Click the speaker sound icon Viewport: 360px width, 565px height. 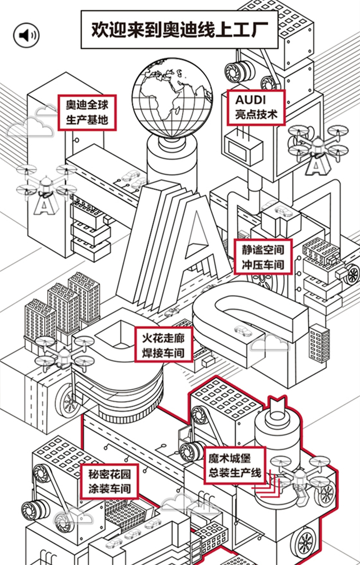coord(26,35)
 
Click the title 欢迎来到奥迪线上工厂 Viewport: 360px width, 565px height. coord(179,30)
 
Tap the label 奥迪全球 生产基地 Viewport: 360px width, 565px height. coord(87,112)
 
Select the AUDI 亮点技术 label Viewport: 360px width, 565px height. coord(256,107)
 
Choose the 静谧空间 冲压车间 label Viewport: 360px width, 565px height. coord(263,256)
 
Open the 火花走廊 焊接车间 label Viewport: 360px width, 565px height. coord(163,346)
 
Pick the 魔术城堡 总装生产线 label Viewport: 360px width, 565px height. coord(235,464)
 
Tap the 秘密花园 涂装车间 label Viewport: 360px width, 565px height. coord(108,481)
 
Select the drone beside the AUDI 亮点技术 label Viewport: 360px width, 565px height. coord(317,146)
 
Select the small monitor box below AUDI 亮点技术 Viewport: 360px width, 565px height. coord(243,147)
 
